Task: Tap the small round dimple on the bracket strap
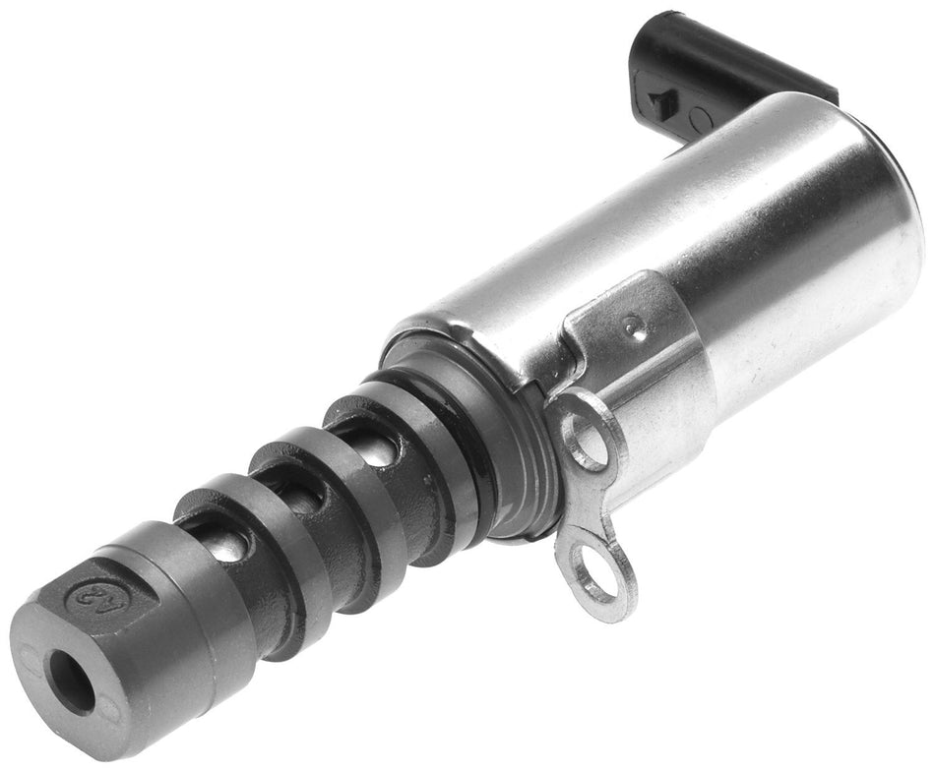pyautogui.click(x=640, y=331)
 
